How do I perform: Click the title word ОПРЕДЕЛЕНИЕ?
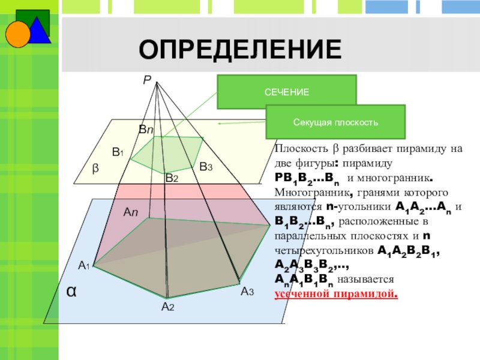pyautogui.click(x=240, y=49)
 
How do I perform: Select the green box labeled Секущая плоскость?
pyautogui.click(x=335, y=122)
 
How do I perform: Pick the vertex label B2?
pyautogui.click(x=172, y=178)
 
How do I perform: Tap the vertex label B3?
pyautogui.click(x=206, y=166)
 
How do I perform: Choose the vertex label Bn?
pyautogui.click(x=146, y=129)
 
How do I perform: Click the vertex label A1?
pyautogui.click(x=83, y=265)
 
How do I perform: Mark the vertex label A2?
pyautogui.click(x=167, y=307)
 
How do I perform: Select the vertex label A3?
pyautogui.click(x=247, y=292)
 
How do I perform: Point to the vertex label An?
pyautogui.click(x=131, y=212)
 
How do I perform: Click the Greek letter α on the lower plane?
pyautogui.click(x=71, y=291)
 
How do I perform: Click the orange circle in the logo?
pyautogui.click(x=18, y=34)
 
